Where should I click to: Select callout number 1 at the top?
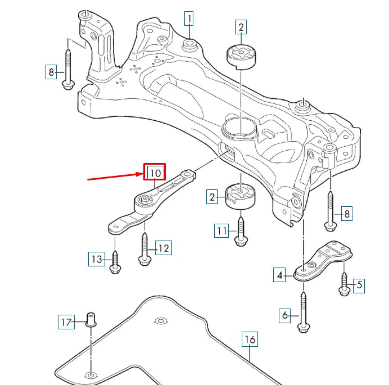coord(189,20)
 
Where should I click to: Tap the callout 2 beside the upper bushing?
coord(241,26)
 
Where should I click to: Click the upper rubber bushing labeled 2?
coord(241,56)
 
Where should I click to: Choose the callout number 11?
coord(221,230)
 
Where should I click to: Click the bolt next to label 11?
coord(241,232)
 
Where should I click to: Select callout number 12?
coord(164,248)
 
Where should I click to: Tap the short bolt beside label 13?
coord(115,262)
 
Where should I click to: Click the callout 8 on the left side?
coord(51,71)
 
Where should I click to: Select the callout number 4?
coord(280,275)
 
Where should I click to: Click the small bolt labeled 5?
coord(344,284)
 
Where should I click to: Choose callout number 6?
coord(286,316)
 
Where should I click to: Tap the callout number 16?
coord(251,339)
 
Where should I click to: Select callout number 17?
coord(66,322)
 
